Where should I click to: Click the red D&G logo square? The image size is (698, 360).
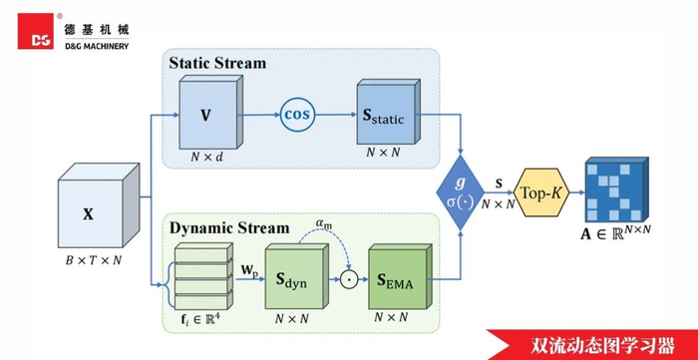coord(36,31)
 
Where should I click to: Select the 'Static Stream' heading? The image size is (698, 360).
coord(217,63)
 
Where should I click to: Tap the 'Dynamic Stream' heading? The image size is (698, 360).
coord(229,228)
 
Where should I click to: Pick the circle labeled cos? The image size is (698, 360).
coord(297,115)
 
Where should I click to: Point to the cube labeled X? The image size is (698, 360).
coord(99,205)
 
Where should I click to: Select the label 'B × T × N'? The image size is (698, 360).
coord(94,260)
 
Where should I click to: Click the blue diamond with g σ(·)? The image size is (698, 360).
coord(460,192)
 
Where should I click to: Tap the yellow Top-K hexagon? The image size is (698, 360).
coord(541,192)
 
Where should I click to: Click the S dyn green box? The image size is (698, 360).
coord(297,276)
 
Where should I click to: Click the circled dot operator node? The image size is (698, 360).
coord(349,279)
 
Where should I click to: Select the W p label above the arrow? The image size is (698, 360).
coord(249,270)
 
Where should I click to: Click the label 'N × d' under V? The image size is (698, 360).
coord(207,158)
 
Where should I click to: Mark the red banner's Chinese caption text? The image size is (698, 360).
coord(602,345)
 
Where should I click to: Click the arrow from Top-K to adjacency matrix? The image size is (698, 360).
coord(577,192)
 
